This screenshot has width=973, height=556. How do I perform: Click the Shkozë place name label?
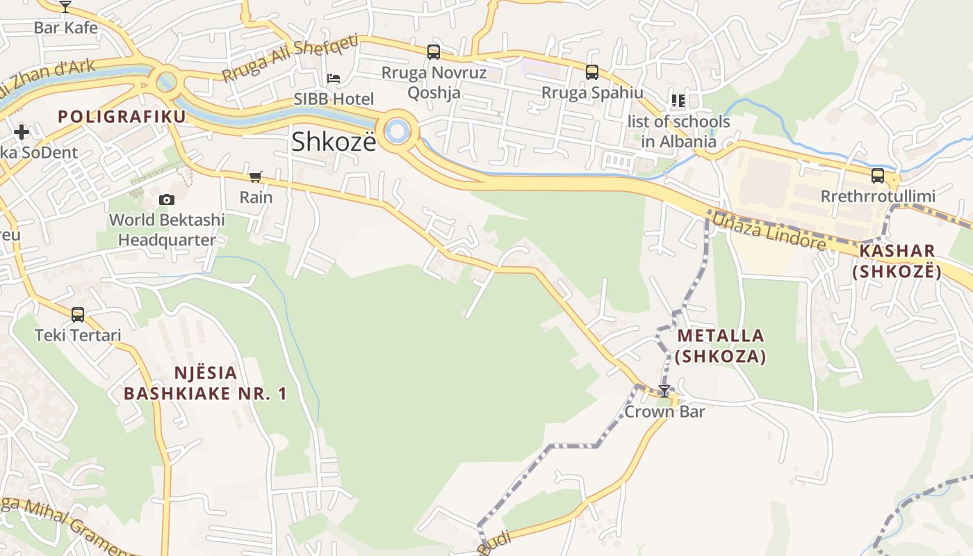334,142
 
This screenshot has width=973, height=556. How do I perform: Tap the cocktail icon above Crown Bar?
664,391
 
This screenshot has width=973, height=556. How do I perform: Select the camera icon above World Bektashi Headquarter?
167,200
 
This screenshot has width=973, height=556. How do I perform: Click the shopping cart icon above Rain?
256,177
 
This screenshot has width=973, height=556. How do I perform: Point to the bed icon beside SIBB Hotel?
334,79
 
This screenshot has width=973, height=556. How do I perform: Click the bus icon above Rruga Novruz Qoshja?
434,52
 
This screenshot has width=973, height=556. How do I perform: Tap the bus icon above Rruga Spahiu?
592,72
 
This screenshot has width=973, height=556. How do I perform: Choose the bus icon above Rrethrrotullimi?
878,176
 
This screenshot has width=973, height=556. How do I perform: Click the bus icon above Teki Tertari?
78,315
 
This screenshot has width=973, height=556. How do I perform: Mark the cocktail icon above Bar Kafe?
65,7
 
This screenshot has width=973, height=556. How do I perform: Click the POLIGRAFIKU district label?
122,117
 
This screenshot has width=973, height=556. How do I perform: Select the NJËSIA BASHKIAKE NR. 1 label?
205,383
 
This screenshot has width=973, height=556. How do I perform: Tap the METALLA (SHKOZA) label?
721,346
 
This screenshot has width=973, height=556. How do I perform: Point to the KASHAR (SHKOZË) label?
897,261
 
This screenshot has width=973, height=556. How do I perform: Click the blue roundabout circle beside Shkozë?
398,131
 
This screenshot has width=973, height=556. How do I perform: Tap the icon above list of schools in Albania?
678,101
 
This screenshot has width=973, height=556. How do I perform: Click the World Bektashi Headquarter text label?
167,230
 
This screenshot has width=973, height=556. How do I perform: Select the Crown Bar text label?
664,411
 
